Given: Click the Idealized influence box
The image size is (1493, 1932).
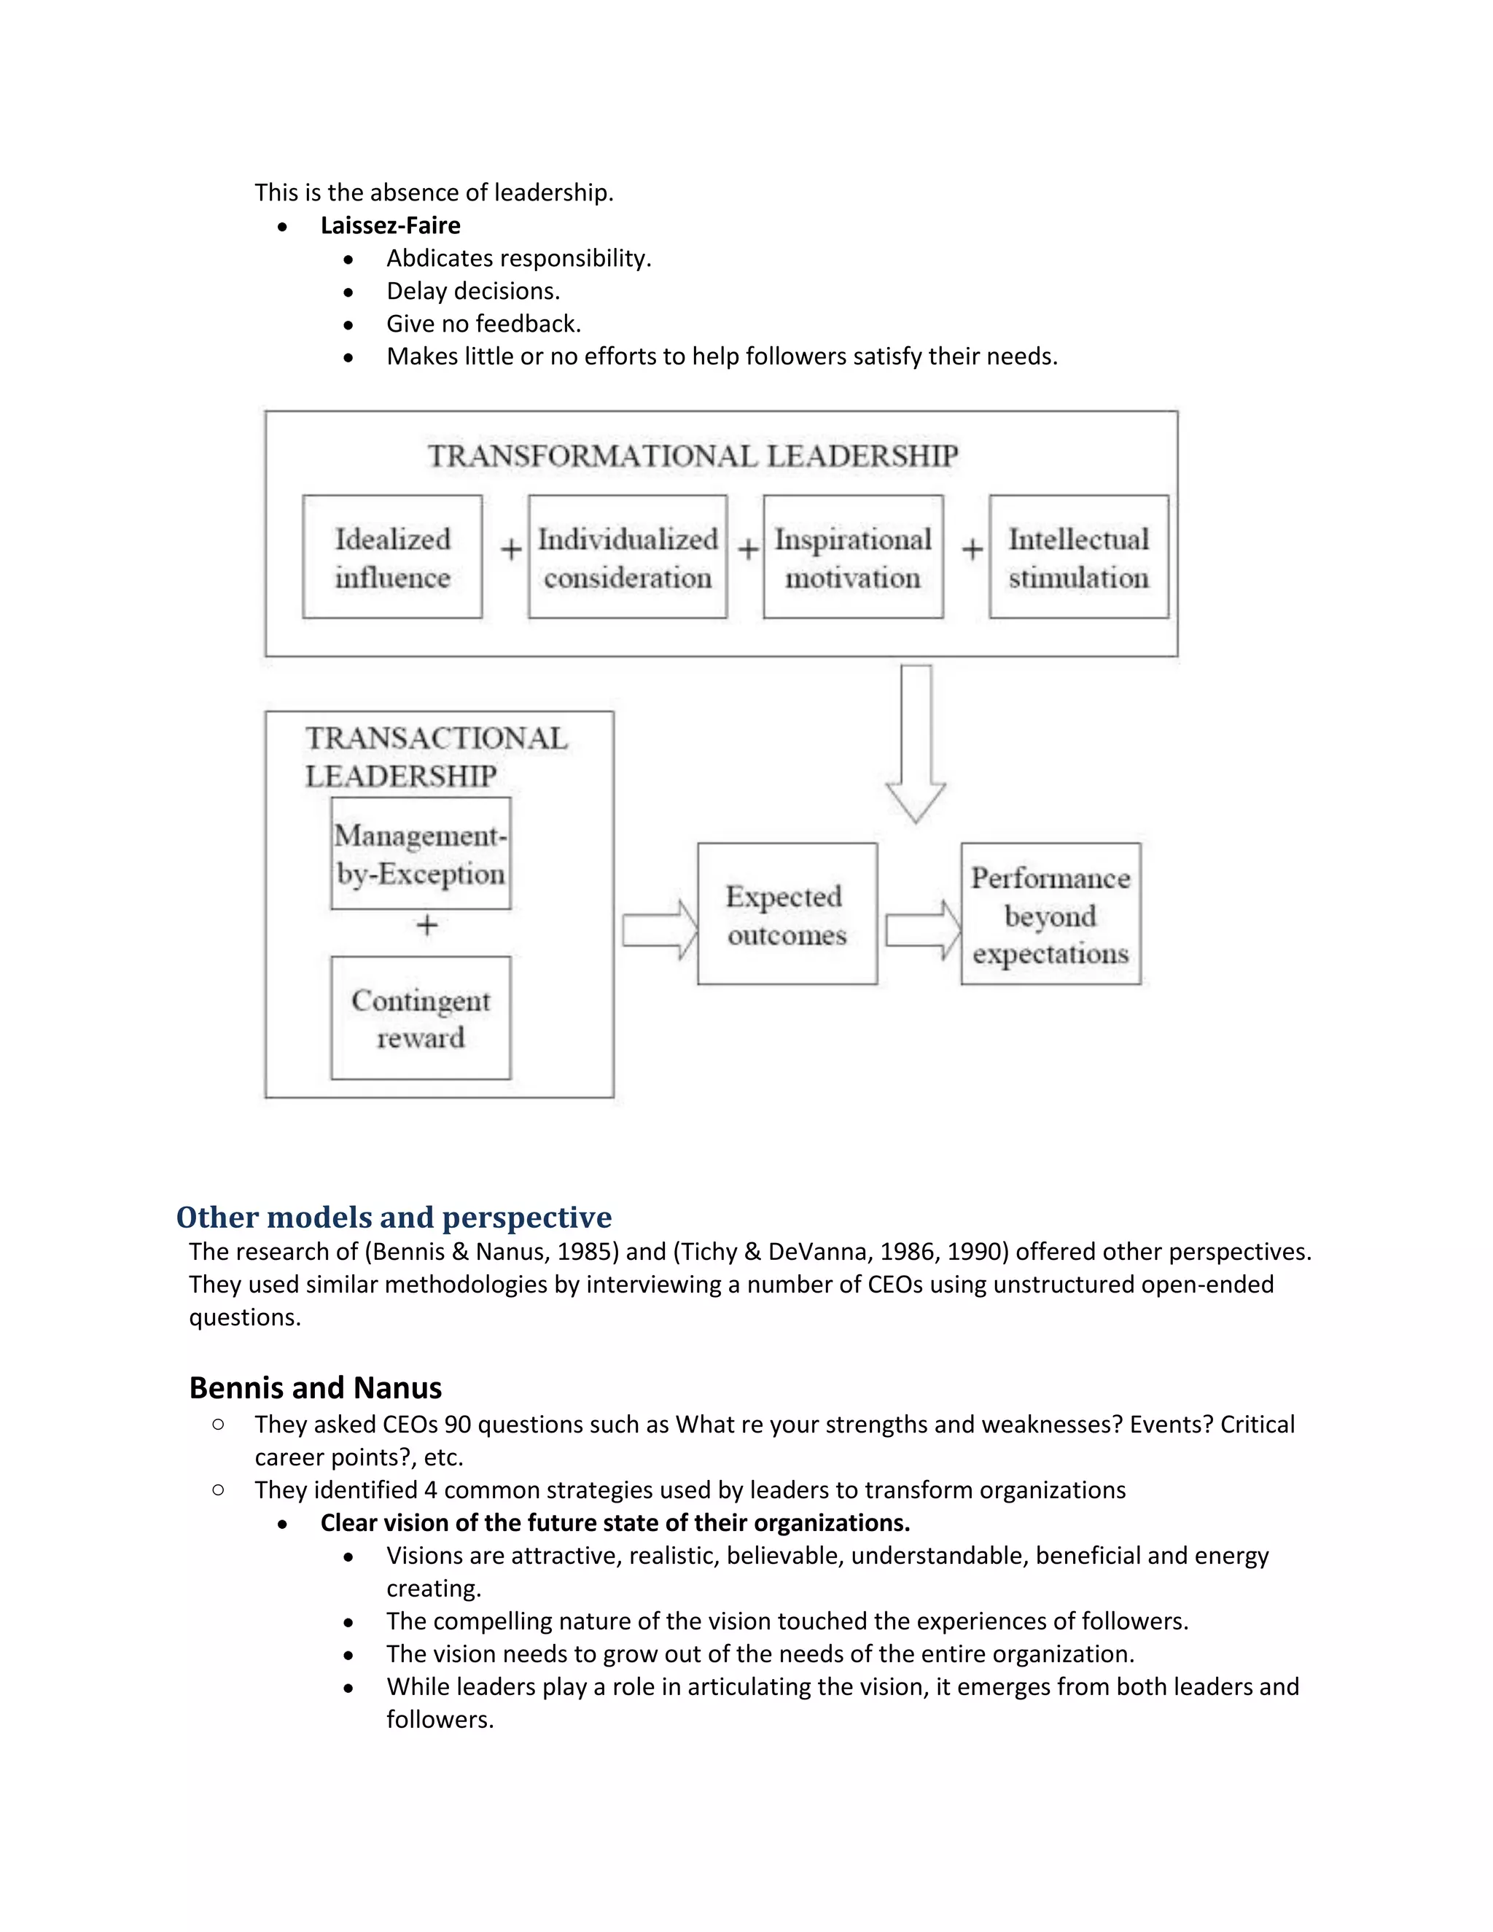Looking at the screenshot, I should pyautogui.click(x=391, y=556).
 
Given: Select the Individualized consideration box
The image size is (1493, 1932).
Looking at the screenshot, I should pyautogui.click(x=627, y=556).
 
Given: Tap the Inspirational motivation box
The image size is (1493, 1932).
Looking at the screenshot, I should pyautogui.click(x=853, y=556).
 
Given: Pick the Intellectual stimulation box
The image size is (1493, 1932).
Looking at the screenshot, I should pyautogui.click(x=1078, y=556).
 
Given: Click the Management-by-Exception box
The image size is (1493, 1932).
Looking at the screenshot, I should pyautogui.click(x=420, y=854).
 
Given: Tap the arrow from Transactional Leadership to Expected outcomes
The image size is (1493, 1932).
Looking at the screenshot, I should pyautogui.click(x=659, y=930).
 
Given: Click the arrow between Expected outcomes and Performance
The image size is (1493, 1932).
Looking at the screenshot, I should pyautogui.click(x=922, y=930).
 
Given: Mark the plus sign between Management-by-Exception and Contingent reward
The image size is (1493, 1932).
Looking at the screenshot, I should pyautogui.click(x=427, y=925).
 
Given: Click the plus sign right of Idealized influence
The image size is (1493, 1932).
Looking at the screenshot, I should pyautogui.click(x=510, y=550).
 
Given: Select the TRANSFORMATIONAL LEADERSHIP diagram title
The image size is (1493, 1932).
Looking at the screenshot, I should pyautogui.click(x=693, y=456).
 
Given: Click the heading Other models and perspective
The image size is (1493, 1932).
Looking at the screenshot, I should pyautogui.click(x=394, y=1218).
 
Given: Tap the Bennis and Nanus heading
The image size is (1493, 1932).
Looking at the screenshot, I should pyautogui.click(x=315, y=1387).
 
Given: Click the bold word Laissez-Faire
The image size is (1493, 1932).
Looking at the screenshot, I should pyautogui.click(x=390, y=225).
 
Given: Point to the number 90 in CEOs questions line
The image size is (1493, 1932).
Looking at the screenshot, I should pyautogui.click(x=457, y=1425).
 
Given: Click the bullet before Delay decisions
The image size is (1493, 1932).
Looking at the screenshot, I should pyautogui.click(x=348, y=292).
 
